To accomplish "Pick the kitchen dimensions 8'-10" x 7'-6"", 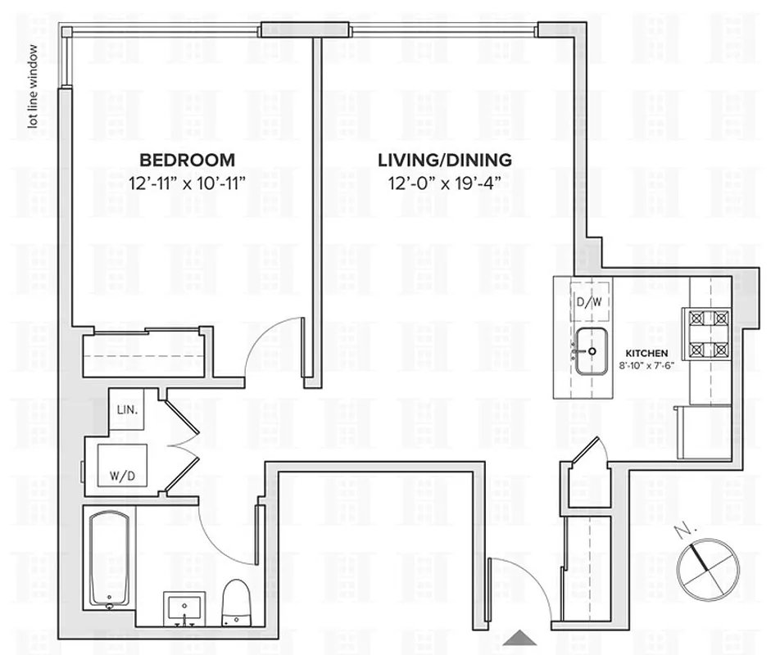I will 646,366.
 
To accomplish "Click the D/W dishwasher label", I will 590,301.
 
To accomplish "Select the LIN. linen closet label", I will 127,409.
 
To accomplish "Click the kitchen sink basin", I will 590,350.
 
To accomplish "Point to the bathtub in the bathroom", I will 109,559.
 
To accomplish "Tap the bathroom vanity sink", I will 185,609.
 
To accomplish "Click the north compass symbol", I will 703,565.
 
